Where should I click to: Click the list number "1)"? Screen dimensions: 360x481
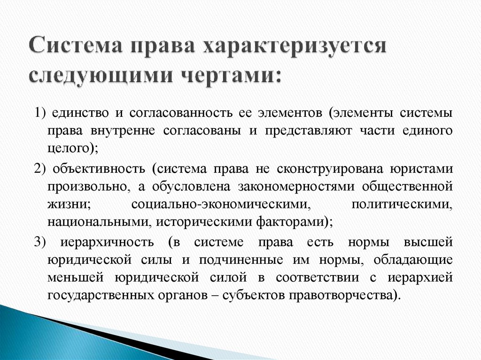[39, 113]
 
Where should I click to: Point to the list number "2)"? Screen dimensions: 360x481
[39, 169]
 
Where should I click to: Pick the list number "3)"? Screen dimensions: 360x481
[39, 242]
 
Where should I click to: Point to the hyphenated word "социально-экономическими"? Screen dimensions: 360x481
[222, 205]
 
